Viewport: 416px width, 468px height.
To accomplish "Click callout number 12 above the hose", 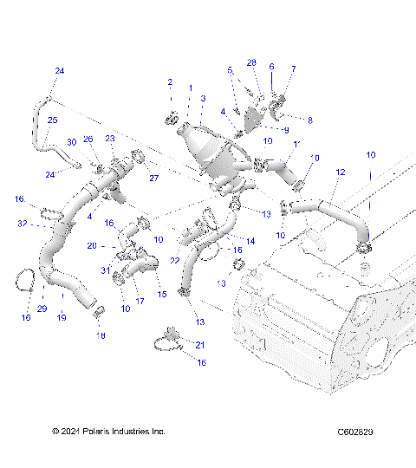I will click(x=341, y=173).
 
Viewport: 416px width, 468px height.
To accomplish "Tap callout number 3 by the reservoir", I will click(x=203, y=99).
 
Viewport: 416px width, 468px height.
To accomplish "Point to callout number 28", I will click(x=252, y=62).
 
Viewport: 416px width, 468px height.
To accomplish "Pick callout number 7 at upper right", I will click(x=293, y=68).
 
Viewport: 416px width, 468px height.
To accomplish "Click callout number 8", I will click(x=310, y=119).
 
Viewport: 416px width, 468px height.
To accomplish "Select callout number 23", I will click(x=110, y=138).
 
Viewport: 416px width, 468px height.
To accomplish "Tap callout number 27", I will click(x=154, y=179).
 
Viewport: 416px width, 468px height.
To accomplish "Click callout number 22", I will click(x=176, y=261).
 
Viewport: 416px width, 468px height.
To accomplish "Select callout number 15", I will click(x=161, y=295).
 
